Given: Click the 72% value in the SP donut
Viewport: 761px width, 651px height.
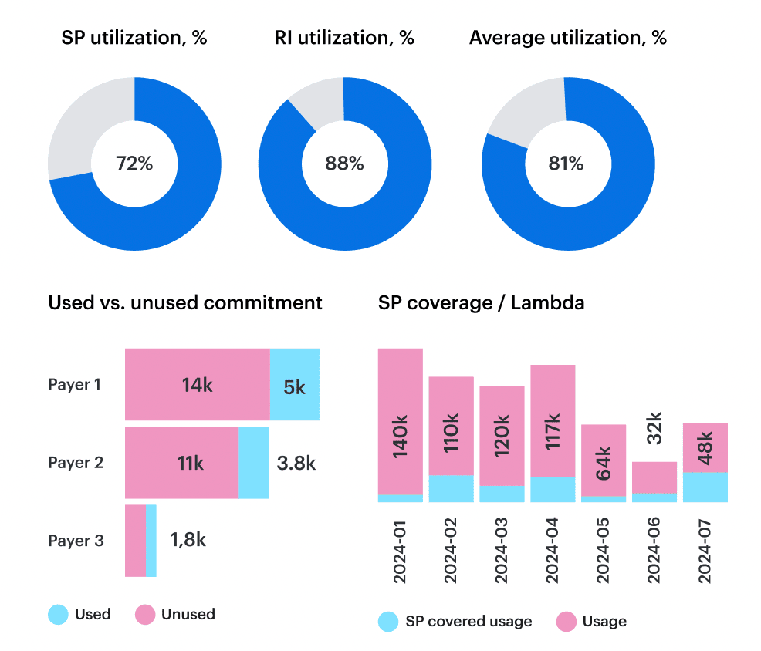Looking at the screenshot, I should point(134,164).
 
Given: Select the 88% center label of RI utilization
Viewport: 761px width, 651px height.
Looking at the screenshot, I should point(343,164).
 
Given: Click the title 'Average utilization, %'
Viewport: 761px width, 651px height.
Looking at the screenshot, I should point(567,38).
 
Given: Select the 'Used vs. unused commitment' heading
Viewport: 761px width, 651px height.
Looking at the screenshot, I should point(185,303).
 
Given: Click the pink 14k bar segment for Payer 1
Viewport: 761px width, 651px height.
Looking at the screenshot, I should point(197,385).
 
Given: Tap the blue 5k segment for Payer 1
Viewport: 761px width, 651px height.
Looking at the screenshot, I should point(294,385).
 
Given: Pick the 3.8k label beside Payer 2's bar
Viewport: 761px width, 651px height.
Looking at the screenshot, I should point(296,463).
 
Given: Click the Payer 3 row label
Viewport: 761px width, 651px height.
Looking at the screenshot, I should point(76,541).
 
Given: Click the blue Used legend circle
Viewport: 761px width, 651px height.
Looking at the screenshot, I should point(58,615).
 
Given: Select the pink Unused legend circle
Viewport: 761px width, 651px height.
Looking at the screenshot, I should point(145,615).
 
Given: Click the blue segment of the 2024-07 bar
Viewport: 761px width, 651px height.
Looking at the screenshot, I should point(705,487).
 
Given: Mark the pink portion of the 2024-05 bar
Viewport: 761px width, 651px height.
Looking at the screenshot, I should point(603,460).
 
